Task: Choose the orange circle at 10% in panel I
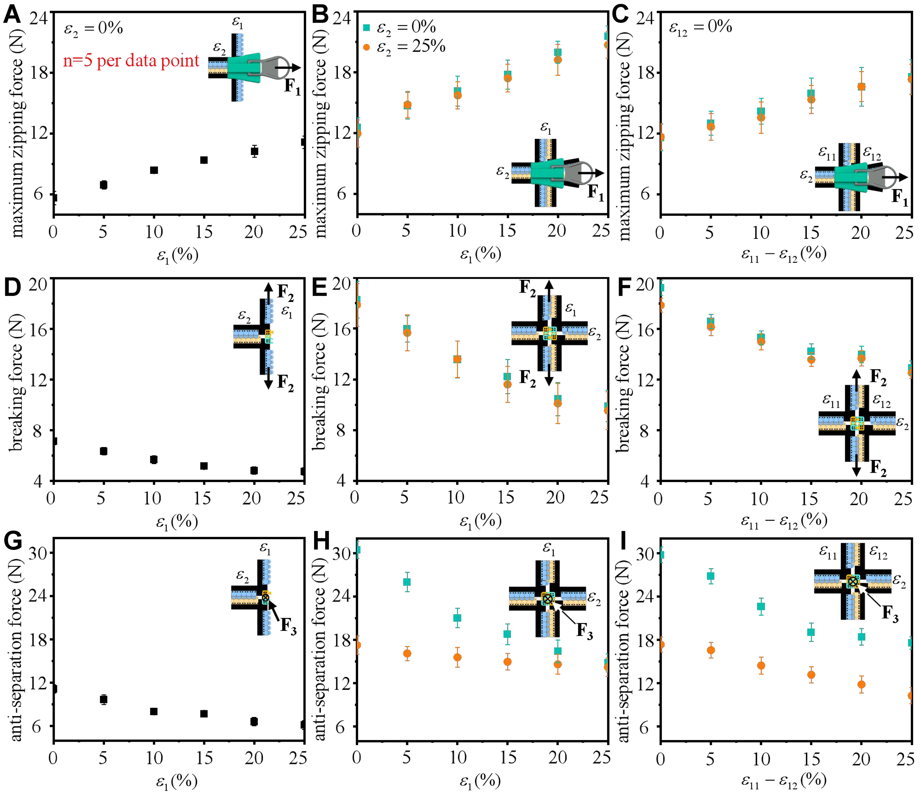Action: [761, 666]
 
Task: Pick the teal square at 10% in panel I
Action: [761, 606]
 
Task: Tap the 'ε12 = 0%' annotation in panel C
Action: [701, 28]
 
